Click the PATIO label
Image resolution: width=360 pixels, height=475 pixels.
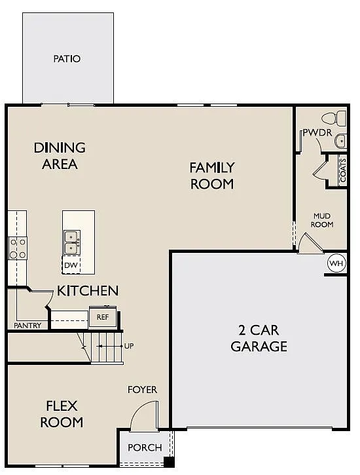coord(67,59)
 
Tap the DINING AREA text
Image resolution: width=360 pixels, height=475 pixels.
coord(60,156)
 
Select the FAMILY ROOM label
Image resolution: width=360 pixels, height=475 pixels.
coord(212,176)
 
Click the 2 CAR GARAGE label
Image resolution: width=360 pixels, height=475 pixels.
coord(259,338)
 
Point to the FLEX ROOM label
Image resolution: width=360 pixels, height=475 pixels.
coord(62,413)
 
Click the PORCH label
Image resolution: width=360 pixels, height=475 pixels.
coord(144,447)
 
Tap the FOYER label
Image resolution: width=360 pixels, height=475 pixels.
coord(142,390)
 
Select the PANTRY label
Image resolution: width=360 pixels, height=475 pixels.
coord(27,326)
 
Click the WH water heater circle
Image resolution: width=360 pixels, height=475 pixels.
coord(336,263)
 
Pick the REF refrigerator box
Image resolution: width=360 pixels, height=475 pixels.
coord(102,317)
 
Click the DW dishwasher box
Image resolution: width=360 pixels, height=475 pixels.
coord(71,265)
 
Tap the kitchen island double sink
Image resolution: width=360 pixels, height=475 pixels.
coord(71,242)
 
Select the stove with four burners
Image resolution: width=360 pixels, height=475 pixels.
coord(17,248)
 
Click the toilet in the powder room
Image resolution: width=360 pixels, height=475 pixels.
coord(338,119)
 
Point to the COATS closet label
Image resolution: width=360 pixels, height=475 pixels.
coord(342,170)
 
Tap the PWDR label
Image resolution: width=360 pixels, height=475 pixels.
coord(317,133)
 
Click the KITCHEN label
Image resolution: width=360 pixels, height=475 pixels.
coord(88,290)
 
